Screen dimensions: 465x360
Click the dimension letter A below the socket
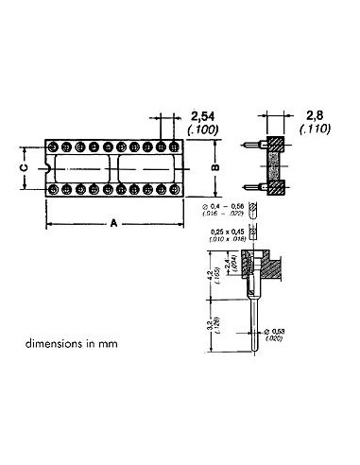point(113,224)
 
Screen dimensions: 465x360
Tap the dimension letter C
point(24,167)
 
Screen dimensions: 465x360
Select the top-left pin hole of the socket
point(53,147)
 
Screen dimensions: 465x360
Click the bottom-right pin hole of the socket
point(174,189)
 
